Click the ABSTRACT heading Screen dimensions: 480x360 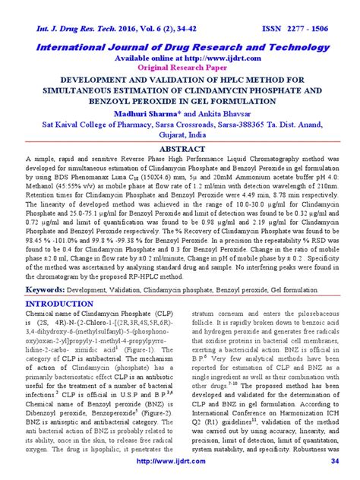pyautogui.click(x=180, y=150)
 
